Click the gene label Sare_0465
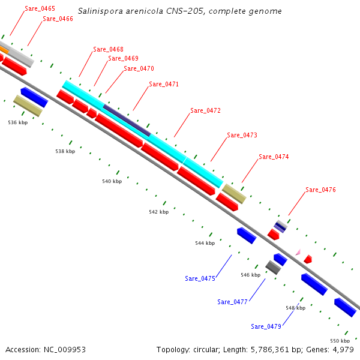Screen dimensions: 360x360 click(x=40, y=9)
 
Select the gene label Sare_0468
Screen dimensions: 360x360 click(x=109, y=49)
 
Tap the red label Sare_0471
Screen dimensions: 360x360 click(x=164, y=84)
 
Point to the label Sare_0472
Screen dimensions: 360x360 click(x=205, y=110)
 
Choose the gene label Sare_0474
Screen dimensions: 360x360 click(x=274, y=157)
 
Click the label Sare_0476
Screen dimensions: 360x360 click(x=320, y=190)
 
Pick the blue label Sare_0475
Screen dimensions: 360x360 click(x=200, y=278)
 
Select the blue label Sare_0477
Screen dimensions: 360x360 click(x=232, y=302)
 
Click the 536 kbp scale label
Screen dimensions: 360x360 click(x=18, y=122)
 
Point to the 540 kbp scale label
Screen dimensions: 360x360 click(x=112, y=181)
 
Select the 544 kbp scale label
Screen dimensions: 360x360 click(x=205, y=243)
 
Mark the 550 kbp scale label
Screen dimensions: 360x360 click(x=340, y=340)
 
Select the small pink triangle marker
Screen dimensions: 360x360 click(x=297, y=253)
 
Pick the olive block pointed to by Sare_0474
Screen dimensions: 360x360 click(x=234, y=193)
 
